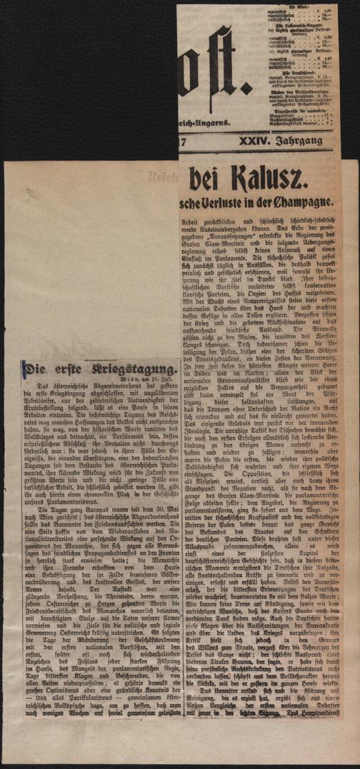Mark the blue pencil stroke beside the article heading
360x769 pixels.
pyautogui.click(x=24, y=371)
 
